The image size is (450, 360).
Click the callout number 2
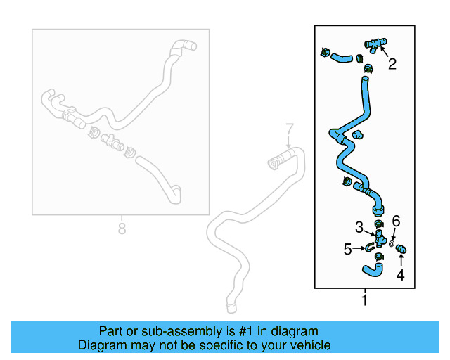[x=392, y=64]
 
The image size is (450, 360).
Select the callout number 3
[x=359, y=228]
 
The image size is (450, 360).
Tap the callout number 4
[x=400, y=275]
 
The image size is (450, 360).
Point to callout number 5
[x=347, y=248]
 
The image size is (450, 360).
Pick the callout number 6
[x=396, y=221]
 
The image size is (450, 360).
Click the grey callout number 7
[x=288, y=129]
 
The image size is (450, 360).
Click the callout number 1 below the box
[x=364, y=302]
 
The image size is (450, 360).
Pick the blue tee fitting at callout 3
[x=378, y=238]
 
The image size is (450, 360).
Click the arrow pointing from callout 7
[x=288, y=143]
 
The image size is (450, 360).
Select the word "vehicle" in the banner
[x=309, y=345]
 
